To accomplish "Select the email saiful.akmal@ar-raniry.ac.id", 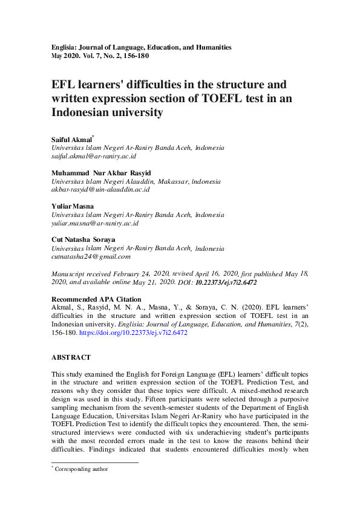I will [x=93, y=156].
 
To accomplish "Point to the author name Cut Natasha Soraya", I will [x=83, y=239].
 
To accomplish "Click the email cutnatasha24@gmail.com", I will [x=91, y=256].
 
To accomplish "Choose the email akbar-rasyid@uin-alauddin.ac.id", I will [x=100, y=189].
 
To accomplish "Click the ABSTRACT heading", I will [x=71, y=358].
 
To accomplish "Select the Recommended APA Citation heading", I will [x=96, y=299].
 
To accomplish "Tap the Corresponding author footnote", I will [x=81, y=468].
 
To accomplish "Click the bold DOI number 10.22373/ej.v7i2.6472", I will [x=226, y=282].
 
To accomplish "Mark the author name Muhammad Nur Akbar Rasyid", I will [x=102, y=173].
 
